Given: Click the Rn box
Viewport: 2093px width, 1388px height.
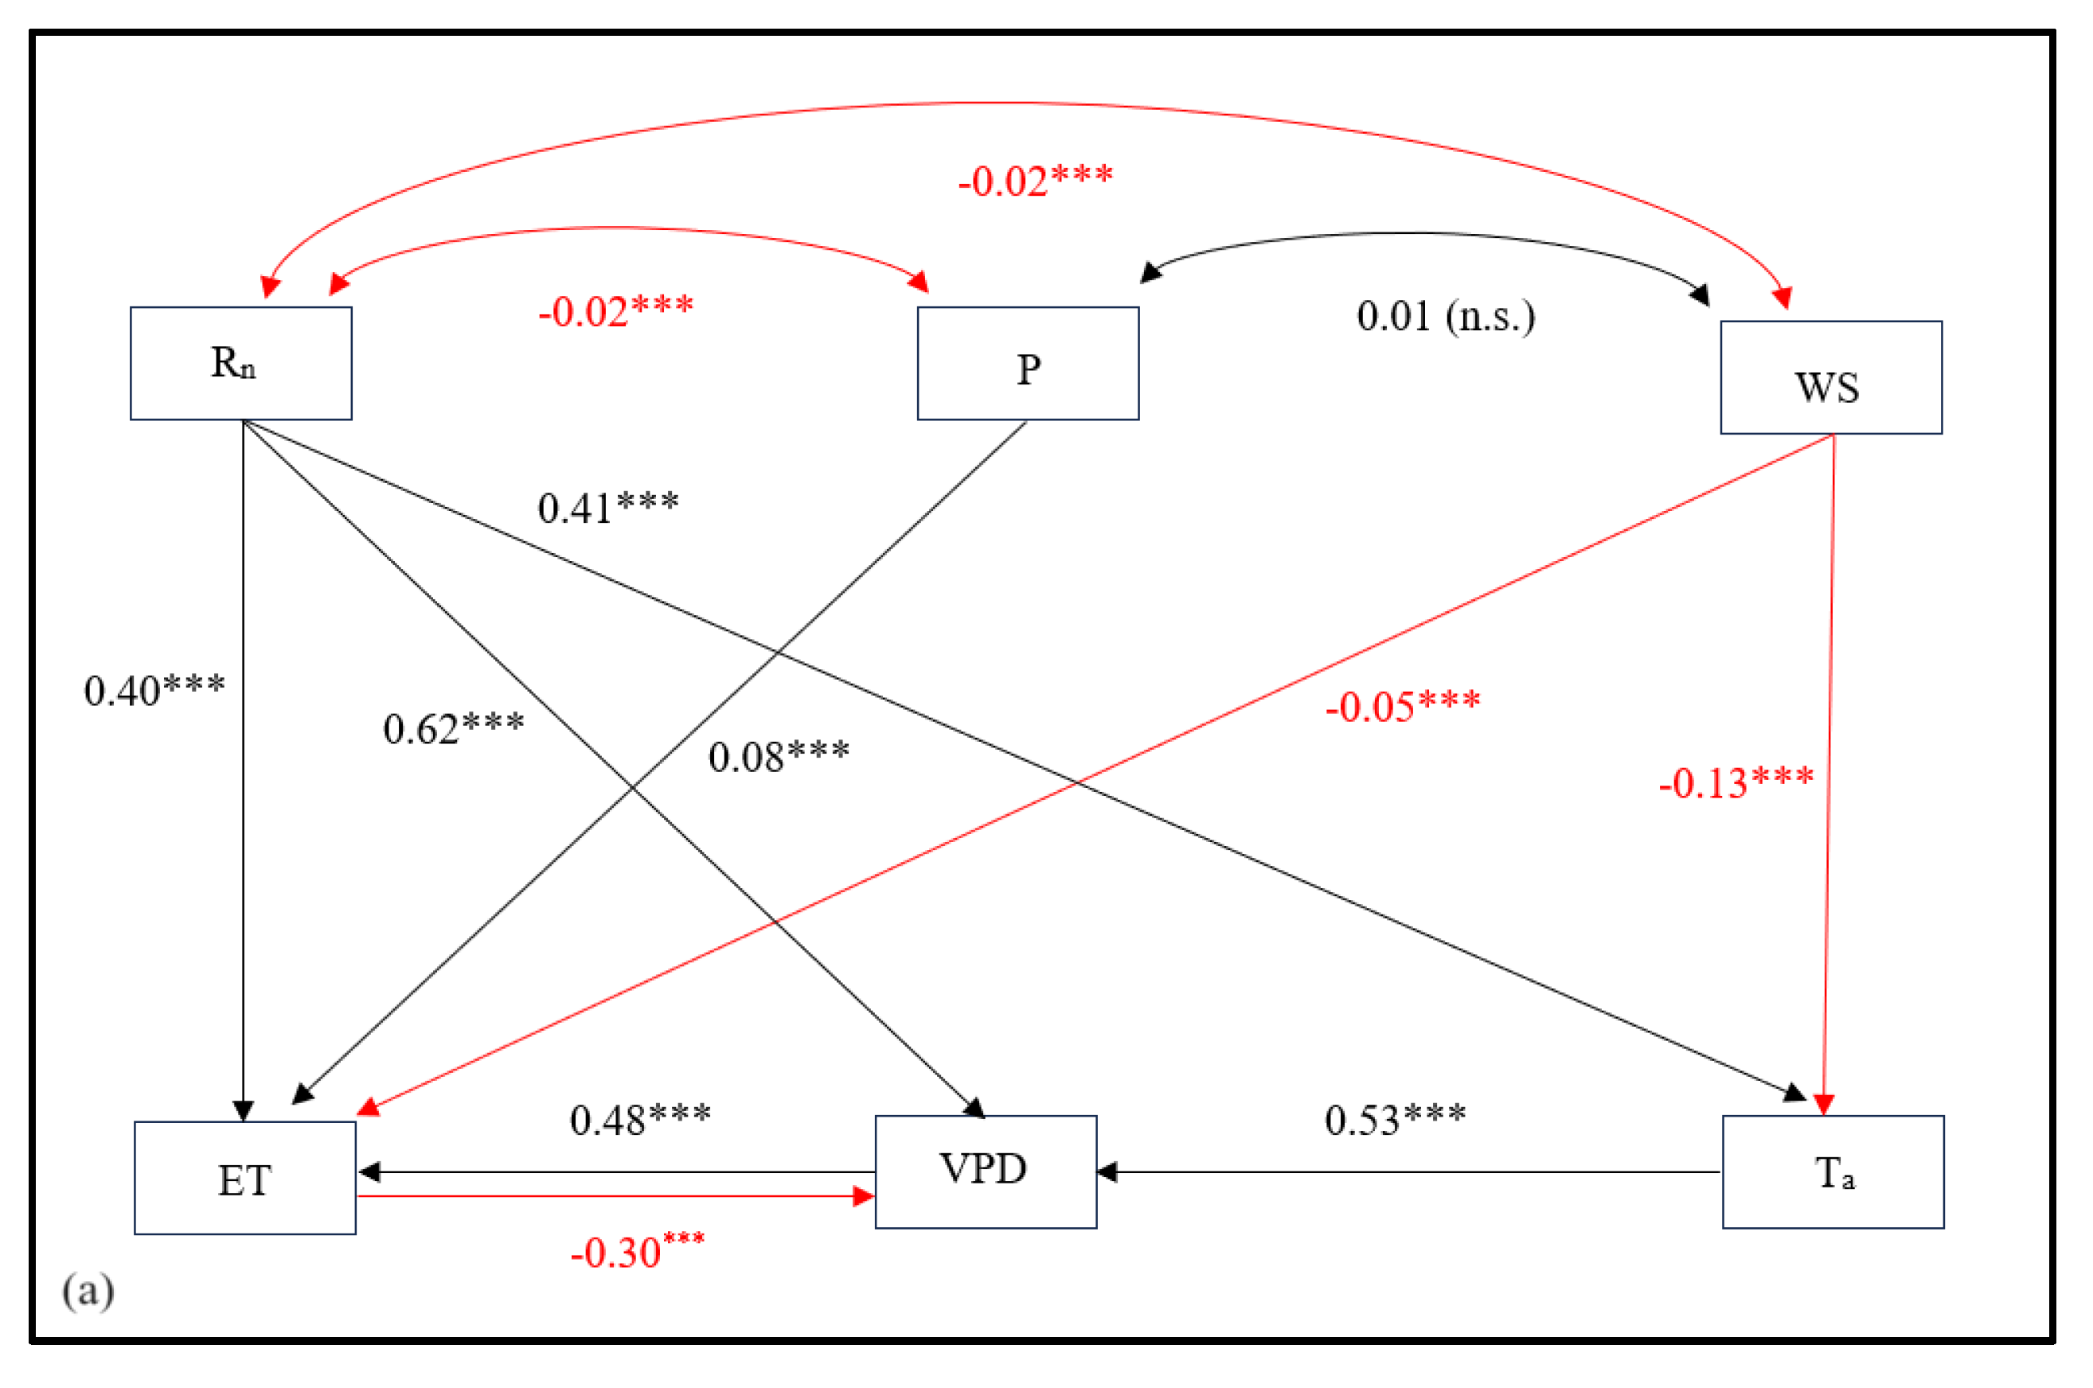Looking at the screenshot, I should [x=240, y=363].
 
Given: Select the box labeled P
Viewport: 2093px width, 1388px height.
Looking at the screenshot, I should [x=1027, y=363].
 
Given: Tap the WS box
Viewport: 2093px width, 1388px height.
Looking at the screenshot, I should [x=1831, y=377].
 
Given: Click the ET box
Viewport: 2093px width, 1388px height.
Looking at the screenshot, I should [x=244, y=1178].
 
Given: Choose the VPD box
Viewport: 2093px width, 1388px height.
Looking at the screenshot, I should [x=986, y=1172].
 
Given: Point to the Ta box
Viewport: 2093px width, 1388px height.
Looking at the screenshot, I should [x=1833, y=1172].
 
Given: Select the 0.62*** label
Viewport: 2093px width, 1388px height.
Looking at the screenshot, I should [x=453, y=728].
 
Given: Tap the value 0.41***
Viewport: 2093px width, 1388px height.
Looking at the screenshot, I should [x=608, y=507].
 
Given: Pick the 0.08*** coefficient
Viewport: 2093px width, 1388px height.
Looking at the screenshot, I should [x=779, y=756].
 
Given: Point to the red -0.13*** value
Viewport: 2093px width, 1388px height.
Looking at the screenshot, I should [x=1736, y=782].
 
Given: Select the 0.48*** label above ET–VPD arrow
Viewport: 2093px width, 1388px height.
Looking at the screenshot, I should [x=640, y=1120].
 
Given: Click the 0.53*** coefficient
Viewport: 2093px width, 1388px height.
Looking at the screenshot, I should [x=1396, y=1120].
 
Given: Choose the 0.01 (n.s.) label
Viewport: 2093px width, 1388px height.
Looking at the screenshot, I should [x=1446, y=316].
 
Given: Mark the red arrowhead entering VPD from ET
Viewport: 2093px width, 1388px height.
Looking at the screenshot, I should [x=863, y=1197].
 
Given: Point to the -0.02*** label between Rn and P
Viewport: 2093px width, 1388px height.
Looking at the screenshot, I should [x=616, y=310].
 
